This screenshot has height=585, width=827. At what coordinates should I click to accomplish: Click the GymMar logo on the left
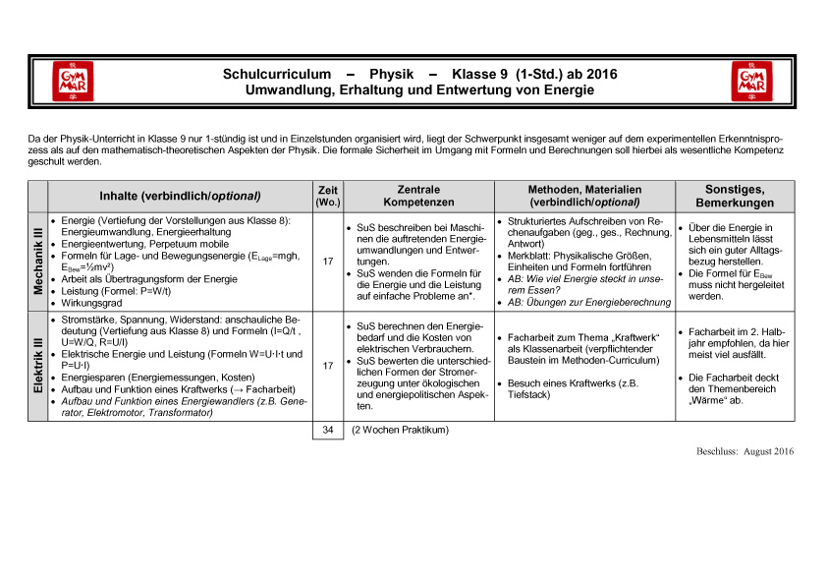pos(76,81)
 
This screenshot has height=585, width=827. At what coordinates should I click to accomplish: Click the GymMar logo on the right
pos(750,81)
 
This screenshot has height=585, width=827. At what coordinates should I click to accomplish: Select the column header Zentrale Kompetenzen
pos(418,195)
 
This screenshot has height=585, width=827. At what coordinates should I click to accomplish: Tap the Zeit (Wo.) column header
pos(326,195)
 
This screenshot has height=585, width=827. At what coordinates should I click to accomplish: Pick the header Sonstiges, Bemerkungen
pos(735,195)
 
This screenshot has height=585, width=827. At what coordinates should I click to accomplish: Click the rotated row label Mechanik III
pos(38,261)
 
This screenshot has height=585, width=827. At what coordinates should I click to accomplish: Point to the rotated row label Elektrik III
pos(38,367)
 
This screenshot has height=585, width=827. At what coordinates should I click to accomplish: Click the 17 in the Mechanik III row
pos(326,262)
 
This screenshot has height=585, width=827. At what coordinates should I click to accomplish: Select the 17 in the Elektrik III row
pos(326,366)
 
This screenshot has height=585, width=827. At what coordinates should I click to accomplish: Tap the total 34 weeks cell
pos(327,430)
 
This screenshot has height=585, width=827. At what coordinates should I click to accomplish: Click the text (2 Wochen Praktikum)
pos(400,431)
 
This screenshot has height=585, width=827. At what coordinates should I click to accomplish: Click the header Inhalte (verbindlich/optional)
pos(180,196)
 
